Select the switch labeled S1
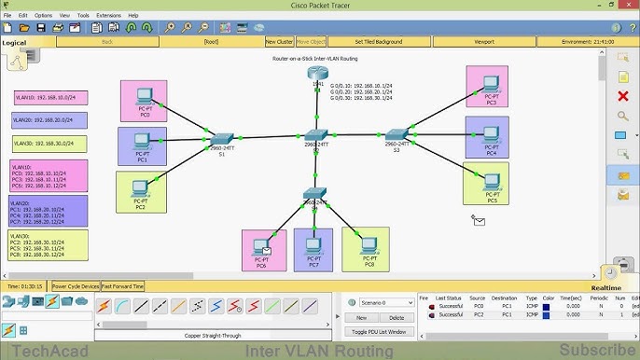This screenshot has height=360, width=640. [x=221, y=139]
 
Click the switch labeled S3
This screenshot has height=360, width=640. [x=395, y=135]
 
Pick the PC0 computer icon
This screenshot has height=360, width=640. [x=145, y=97]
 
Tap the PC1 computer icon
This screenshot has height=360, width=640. [x=141, y=143]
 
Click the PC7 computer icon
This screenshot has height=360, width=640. [x=313, y=245]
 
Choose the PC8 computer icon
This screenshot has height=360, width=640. [x=367, y=245]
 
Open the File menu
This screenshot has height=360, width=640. [x=7, y=15]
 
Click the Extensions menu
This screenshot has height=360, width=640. [x=108, y=15]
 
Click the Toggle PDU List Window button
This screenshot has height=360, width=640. [x=378, y=331]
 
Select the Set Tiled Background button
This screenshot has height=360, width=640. [x=378, y=41]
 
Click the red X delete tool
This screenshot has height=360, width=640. [x=623, y=96]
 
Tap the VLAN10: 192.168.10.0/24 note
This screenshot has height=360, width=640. [x=49, y=96]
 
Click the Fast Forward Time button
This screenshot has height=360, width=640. [x=122, y=286]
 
